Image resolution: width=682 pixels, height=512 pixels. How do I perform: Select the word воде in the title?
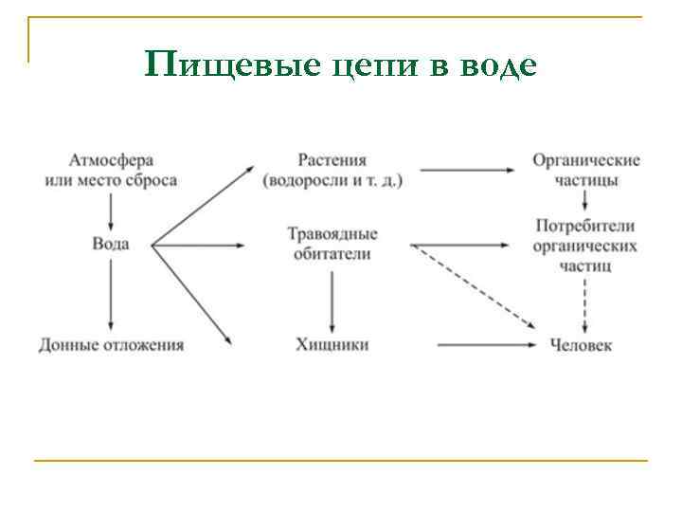pos(498,65)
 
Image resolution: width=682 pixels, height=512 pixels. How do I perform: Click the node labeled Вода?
pos(111,245)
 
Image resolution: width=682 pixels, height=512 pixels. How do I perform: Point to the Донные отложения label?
pos(112,344)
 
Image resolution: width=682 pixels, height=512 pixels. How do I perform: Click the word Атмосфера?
pos(112,161)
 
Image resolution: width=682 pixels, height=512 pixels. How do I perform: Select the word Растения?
pos(332,160)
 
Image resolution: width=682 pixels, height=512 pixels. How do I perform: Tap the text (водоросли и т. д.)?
pos(333,180)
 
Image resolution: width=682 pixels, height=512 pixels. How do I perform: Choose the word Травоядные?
pos(332,234)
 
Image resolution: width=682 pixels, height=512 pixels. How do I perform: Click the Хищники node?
pos(332,344)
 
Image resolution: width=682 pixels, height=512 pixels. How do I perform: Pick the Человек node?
pos(581,344)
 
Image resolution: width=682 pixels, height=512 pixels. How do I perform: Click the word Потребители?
pos(584,227)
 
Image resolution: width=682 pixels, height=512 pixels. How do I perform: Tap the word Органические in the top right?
pos(585,160)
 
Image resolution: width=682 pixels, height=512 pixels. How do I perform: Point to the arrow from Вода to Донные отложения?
pos(111,294)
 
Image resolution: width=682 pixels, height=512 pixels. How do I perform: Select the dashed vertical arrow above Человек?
pos(584,303)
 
